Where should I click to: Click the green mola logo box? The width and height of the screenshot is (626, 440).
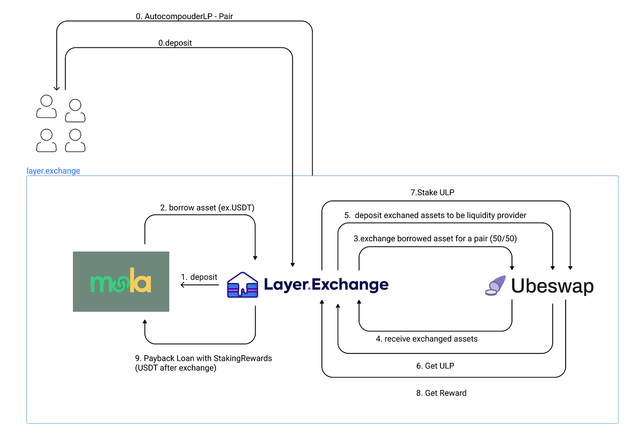(x=121, y=281)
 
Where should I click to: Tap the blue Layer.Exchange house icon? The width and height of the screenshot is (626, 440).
(x=242, y=285)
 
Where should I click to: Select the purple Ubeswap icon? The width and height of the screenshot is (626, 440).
(x=495, y=285)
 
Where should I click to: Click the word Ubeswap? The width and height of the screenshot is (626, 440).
(x=552, y=286)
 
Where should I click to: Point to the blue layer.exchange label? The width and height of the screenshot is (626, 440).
(x=53, y=171)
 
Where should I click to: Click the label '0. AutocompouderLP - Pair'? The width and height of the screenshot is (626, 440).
(x=184, y=17)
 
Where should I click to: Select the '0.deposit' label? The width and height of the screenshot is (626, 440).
(x=175, y=43)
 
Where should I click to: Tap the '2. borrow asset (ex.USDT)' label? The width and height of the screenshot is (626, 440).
(x=207, y=208)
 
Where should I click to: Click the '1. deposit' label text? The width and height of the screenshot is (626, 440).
(x=199, y=277)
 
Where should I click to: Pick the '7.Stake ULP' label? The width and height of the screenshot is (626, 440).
(x=432, y=193)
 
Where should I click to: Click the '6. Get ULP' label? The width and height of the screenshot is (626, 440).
(x=435, y=366)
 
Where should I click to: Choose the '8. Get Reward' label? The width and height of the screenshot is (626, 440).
(x=441, y=393)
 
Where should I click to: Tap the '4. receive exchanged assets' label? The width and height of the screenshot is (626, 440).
(x=427, y=339)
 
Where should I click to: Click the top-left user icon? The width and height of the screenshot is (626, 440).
(x=47, y=106)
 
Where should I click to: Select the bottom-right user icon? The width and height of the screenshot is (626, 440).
(x=75, y=141)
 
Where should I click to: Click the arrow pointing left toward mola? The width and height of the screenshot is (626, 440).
(x=183, y=285)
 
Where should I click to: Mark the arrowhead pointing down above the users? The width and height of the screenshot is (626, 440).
(x=57, y=88)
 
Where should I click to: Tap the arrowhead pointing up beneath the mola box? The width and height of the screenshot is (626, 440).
(x=145, y=322)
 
